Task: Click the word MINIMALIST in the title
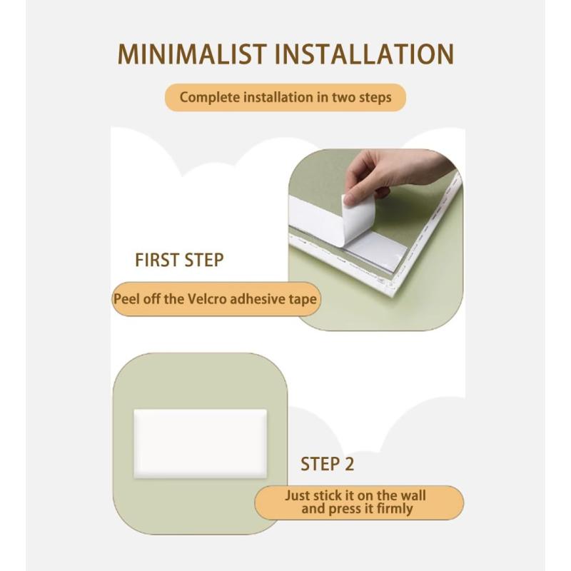pyautogui.click(x=193, y=54)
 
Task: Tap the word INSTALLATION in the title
pyautogui.click(x=365, y=54)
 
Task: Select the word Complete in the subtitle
pyautogui.click(x=210, y=98)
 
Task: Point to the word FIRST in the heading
pyautogui.click(x=158, y=261)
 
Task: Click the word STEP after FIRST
pyautogui.click(x=204, y=261)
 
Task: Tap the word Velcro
pyautogui.click(x=207, y=299)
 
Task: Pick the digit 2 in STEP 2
pyautogui.click(x=348, y=465)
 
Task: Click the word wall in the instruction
pyautogui.click(x=413, y=495)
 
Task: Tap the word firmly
pyautogui.click(x=395, y=509)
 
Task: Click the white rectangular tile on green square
pyautogui.click(x=201, y=443)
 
